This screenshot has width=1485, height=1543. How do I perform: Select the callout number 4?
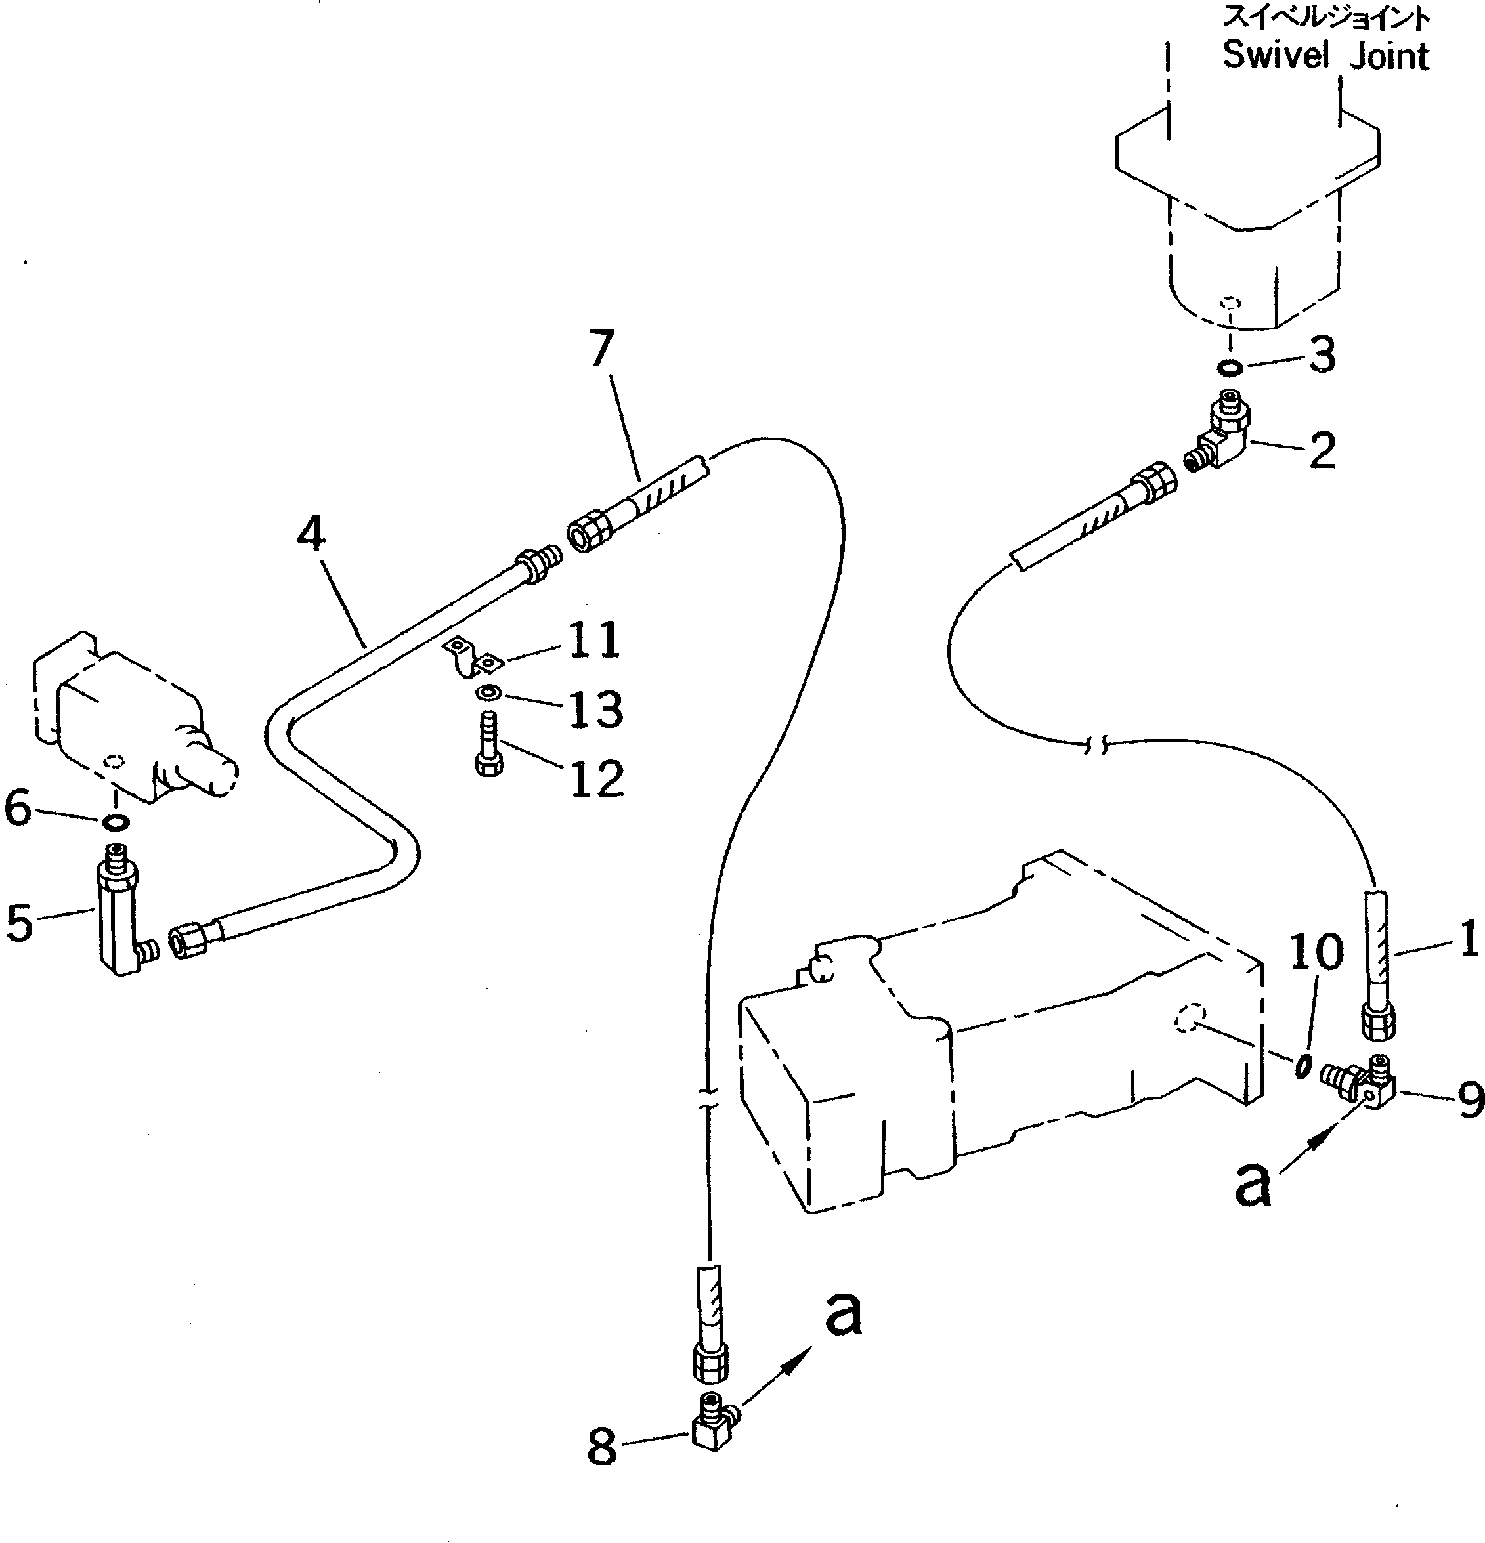[x=312, y=534]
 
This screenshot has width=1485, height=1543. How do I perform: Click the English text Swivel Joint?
[x=1325, y=56]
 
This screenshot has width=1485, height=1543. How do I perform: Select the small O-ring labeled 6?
[x=116, y=822]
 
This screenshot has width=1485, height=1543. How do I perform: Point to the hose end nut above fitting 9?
[x=1379, y=1025]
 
